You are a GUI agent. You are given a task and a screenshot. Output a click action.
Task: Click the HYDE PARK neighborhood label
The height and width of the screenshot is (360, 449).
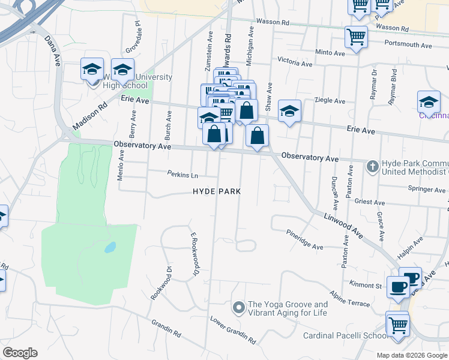tap(217, 191)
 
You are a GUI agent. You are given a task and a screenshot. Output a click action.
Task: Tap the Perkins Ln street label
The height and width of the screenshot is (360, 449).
tap(182, 175)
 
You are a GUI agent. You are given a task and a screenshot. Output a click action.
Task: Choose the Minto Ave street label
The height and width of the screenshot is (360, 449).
tap(330, 53)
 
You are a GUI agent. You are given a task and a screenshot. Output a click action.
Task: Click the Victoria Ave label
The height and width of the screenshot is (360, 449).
tap(295, 62)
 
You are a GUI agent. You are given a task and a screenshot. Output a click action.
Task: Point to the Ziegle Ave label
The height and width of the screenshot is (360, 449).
tap(330, 101)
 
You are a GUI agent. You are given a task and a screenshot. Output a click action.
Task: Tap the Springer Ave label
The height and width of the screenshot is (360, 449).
tap(427, 190)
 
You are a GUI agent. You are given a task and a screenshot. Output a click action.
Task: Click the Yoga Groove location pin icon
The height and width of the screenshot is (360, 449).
tap(238, 308)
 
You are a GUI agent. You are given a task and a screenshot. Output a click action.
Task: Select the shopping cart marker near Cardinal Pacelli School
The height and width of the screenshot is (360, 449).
tap(397, 326)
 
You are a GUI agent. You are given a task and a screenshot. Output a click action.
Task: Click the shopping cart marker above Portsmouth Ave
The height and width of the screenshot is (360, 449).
tap(356, 37)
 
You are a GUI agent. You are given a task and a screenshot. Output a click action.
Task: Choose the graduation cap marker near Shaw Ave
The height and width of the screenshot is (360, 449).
tap(289, 111)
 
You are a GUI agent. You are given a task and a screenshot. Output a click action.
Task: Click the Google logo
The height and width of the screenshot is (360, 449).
tap(20, 353)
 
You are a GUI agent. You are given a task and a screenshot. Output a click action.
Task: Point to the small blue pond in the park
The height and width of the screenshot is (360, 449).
tap(109, 247)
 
